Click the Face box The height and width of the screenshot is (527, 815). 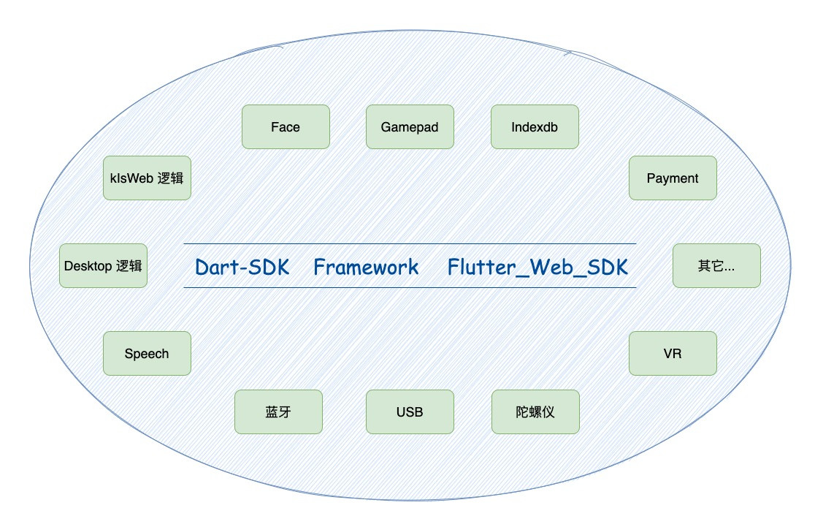286,126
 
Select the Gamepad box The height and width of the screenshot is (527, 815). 410,126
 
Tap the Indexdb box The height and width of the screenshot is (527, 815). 535,126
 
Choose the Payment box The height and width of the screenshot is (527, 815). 673,178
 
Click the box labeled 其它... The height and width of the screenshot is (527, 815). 716,265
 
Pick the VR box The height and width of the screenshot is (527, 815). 673,353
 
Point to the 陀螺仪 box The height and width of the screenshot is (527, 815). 535,412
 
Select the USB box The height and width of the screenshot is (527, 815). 410,412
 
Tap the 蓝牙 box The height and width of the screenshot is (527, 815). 278,412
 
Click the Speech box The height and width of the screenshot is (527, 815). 147,353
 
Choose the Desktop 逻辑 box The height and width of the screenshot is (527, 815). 103,265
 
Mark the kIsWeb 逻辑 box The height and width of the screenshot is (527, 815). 147,178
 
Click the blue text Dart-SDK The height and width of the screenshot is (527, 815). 242,267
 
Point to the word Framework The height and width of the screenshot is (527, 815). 366,267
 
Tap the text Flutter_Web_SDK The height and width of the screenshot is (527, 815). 537,267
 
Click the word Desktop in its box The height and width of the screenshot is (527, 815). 88,265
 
